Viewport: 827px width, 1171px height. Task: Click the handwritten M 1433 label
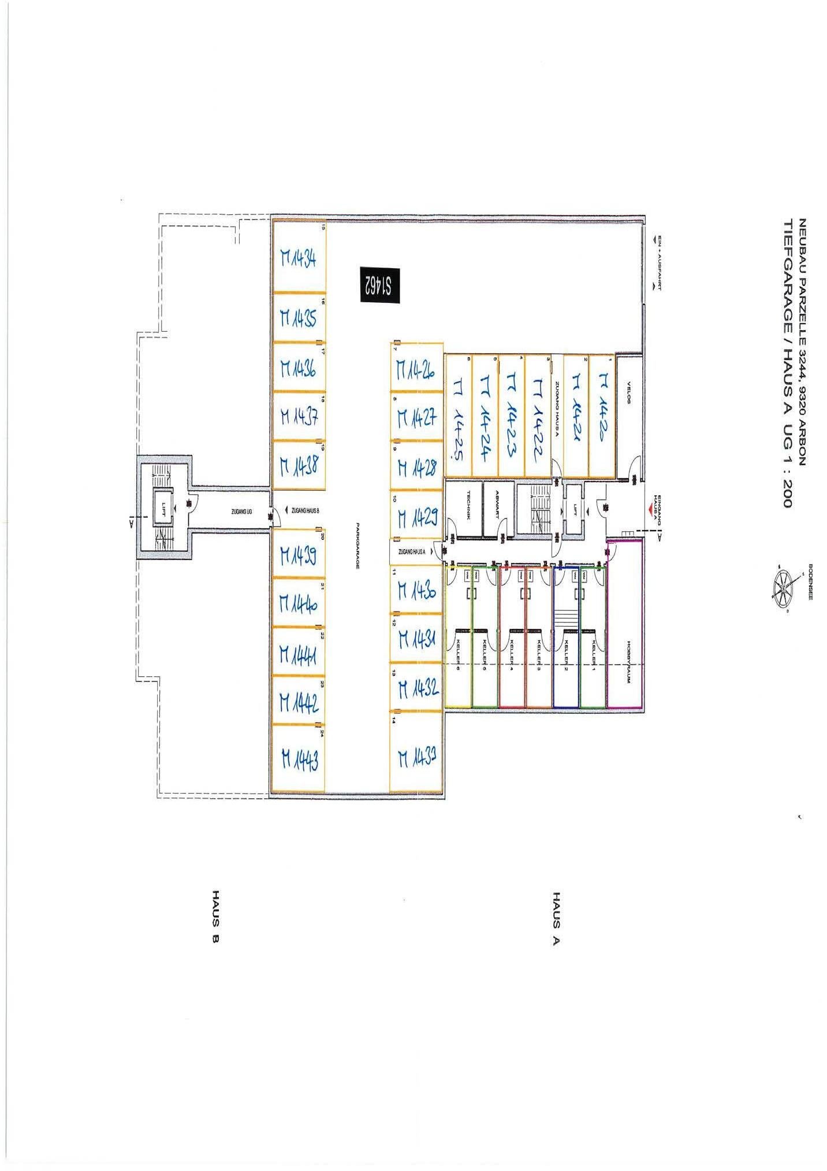[416, 757]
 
